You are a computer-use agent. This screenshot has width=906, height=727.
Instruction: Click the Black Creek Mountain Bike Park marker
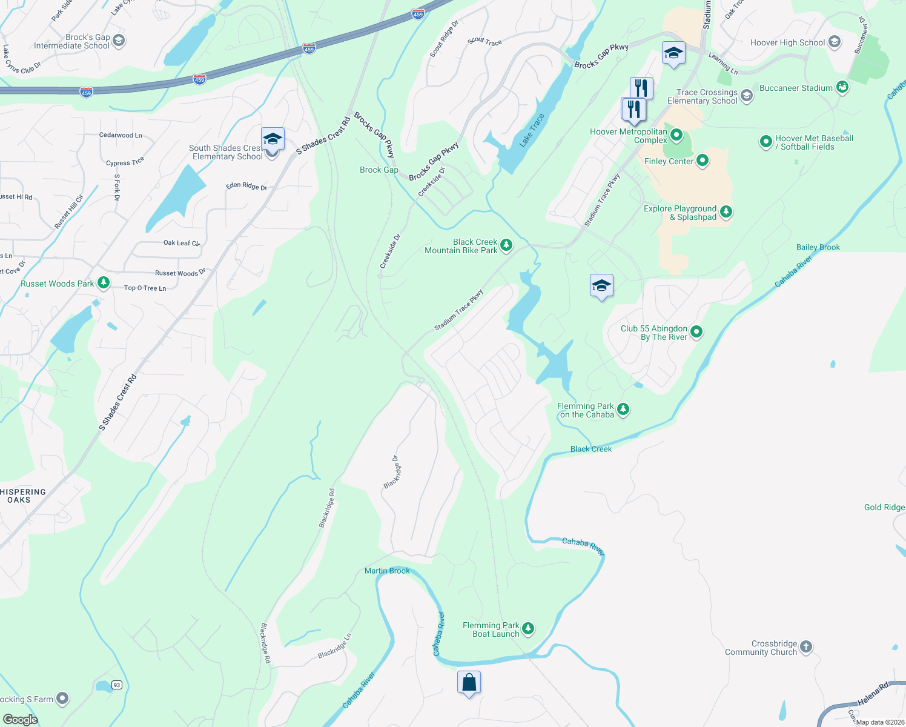pos(506,245)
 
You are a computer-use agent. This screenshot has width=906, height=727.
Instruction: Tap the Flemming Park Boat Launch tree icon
pos(528,629)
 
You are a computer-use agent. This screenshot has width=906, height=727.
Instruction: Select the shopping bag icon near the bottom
pos(469,683)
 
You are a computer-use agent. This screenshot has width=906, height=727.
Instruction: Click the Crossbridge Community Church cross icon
pos(805,647)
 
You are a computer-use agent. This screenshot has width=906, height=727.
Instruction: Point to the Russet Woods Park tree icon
pos(104,283)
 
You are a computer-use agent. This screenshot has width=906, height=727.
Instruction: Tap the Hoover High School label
pos(787,42)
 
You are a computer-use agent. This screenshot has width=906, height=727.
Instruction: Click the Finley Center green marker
pos(703,161)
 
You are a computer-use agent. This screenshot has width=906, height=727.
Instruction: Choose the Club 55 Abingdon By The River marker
pos(696,331)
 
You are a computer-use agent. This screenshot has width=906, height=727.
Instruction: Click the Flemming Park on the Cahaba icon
pos(623,410)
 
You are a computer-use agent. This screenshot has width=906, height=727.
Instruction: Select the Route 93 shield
pos(117,685)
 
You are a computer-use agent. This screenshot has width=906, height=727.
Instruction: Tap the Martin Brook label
pos(387,571)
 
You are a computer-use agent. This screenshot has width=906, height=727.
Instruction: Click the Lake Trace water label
pos(532,130)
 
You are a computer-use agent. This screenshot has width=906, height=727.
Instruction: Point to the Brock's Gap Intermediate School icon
pos(119,41)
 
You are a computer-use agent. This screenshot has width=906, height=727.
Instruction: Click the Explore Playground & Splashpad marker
pos(726,212)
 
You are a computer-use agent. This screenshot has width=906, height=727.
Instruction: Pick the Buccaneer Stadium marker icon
pos(842,88)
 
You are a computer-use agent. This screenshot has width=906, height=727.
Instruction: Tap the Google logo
pos(20,719)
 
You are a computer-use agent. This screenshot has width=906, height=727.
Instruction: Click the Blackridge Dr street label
pos(391,473)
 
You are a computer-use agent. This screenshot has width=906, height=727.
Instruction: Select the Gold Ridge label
pos(884,507)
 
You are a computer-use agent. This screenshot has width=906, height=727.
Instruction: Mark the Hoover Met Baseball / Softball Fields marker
pos(766,142)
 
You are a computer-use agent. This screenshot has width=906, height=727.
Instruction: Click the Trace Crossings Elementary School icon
pos(747,96)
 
